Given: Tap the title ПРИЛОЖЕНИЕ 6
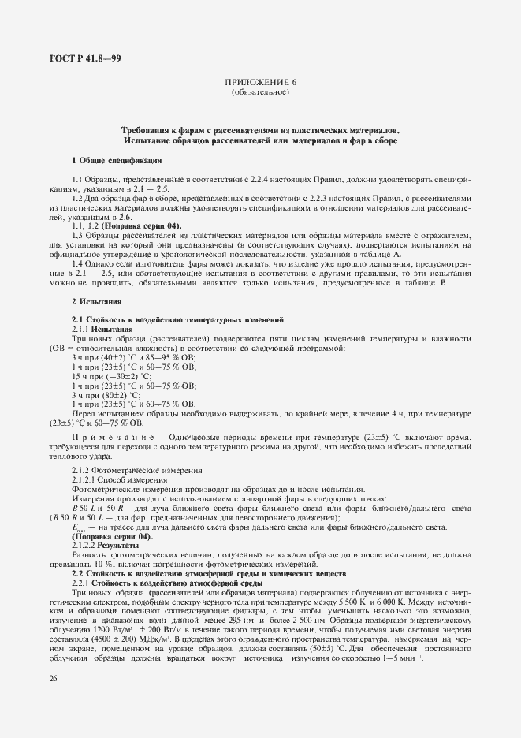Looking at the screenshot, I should [x=259, y=82].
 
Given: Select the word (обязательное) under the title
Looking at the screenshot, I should [x=259, y=92].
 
